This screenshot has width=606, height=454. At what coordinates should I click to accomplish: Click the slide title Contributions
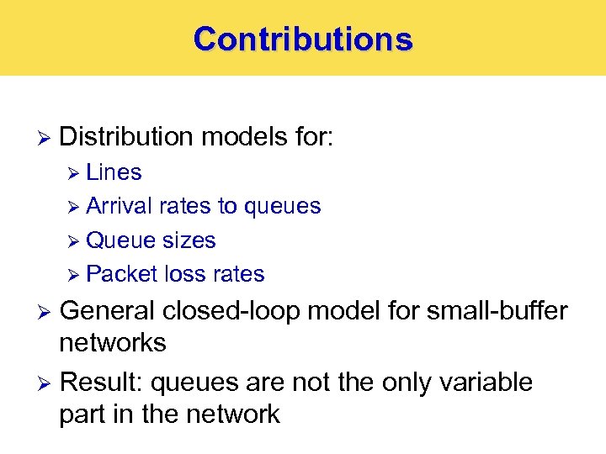303,39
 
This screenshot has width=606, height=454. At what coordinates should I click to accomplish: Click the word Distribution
127,136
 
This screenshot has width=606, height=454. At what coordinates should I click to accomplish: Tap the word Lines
114,172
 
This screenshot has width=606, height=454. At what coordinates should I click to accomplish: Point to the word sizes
187,240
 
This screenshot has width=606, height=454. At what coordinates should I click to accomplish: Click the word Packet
122,274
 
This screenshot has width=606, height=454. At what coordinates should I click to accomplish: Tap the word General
107,311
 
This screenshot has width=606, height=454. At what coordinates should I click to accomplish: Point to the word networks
113,343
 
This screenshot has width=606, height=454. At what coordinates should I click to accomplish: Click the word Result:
101,383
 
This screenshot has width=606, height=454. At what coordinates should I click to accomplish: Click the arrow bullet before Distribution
45,137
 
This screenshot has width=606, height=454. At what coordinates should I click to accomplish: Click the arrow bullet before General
45,312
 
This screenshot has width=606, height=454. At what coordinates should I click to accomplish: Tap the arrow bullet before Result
45,383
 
